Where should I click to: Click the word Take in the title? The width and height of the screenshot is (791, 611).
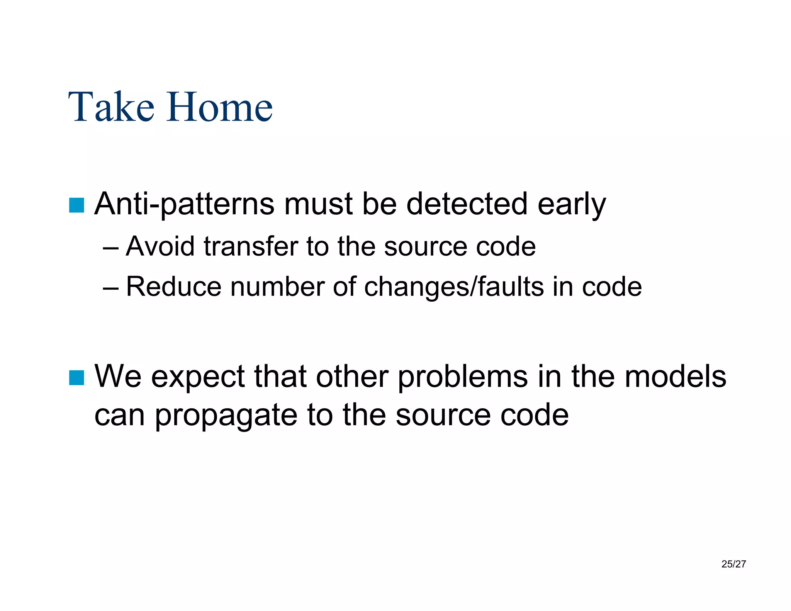coord(111,107)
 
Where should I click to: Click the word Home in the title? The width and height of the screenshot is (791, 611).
coord(220,107)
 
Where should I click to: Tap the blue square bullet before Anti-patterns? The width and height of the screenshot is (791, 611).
coord(76,205)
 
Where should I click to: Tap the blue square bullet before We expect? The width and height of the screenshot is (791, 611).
coord(76,377)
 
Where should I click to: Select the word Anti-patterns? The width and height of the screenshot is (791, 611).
coord(185,204)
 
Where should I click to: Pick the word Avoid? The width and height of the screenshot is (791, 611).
coord(160,246)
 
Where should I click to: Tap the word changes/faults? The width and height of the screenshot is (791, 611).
coord(454,287)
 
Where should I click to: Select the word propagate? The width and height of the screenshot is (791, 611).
coord(226,416)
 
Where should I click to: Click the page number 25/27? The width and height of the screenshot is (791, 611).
coord(733,564)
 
